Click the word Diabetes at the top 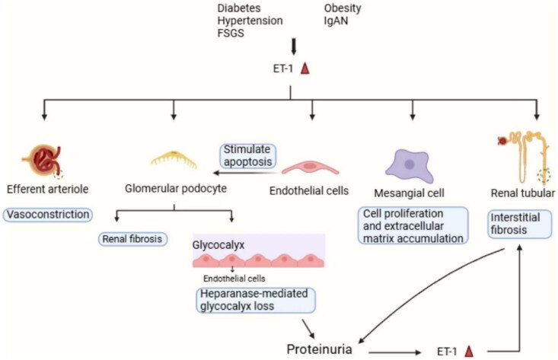click(239, 8)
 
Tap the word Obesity click(343, 8)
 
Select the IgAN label click(336, 21)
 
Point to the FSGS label click(231, 33)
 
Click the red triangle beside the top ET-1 click(305, 68)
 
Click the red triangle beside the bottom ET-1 click(470, 351)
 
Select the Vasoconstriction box click(48, 215)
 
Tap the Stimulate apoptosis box click(247, 155)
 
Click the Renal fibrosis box click(132, 239)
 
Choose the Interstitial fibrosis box click(519, 224)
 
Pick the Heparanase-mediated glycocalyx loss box click(256, 300)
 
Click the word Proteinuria click(319, 349)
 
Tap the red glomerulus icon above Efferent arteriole click(43, 161)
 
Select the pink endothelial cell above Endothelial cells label click(311, 168)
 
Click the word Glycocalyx click(218, 245)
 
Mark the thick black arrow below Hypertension click(294, 46)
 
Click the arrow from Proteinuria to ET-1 click(394, 352)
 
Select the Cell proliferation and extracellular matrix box click(413, 225)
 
